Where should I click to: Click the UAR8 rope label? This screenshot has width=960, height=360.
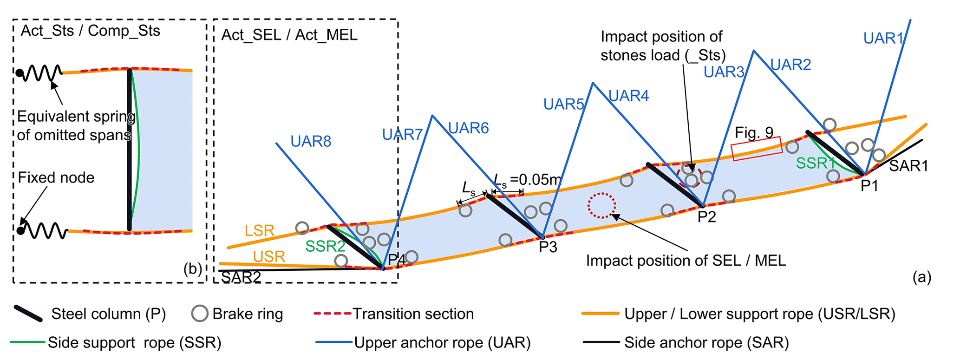pyautogui.click(x=311, y=141)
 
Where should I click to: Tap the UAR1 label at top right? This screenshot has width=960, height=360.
pyautogui.click(x=883, y=38)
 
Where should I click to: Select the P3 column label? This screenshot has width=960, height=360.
pyautogui.click(x=548, y=247)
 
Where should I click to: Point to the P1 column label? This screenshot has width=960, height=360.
pyautogui.click(x=869, y=186)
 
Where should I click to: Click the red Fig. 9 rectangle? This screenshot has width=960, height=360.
pyautogui.click(x=757, y=149)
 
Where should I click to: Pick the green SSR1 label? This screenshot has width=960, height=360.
pyautogui.click(x=815, y=163)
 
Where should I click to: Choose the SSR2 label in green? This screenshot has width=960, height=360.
pyautogui.click(x=325, y=246)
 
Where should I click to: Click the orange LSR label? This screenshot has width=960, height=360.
pyautogui.click(x=260, y=230)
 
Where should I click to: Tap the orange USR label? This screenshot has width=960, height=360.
pyautogui.click(x=269, y=256)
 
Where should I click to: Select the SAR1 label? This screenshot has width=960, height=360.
pyautogui.click(x=908, y=166)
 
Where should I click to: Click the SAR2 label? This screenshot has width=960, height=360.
pyautogui.click(x=241, y=277)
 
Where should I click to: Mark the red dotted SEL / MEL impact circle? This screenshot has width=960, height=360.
pyautogui.click(x=601, y=205)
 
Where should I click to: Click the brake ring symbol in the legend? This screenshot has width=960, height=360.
pyautogui.click(x=200, y=314)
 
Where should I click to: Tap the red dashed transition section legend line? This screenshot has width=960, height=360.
pyautogui.click(x=333, y=314)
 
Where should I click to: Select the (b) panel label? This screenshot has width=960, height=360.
pyautogui.click(x=193, y=269)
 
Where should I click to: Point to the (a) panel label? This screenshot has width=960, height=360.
pyautogui.click(x=922, y=277)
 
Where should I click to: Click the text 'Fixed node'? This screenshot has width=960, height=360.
pyautogui.click(x=56, y=177)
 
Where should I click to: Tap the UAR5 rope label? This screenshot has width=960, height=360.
pyautogui.click(x=563, y=105)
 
